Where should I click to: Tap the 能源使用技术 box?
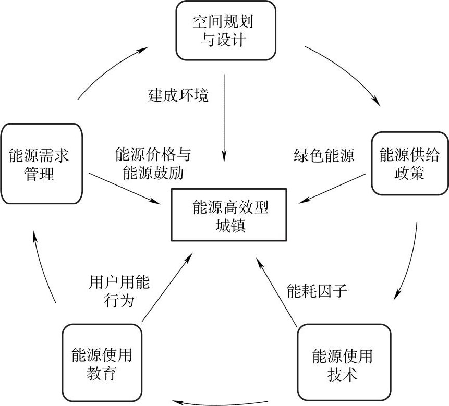click(x=343, y=365)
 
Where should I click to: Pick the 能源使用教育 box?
click(x=102, y=364)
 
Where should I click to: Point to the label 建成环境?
click(x=178, y=96)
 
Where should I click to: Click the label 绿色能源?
click(x=323, y=155)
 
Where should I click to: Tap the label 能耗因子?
click(x=317, y=291)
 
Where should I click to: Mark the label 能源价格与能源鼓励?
click(x=153, y=164)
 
